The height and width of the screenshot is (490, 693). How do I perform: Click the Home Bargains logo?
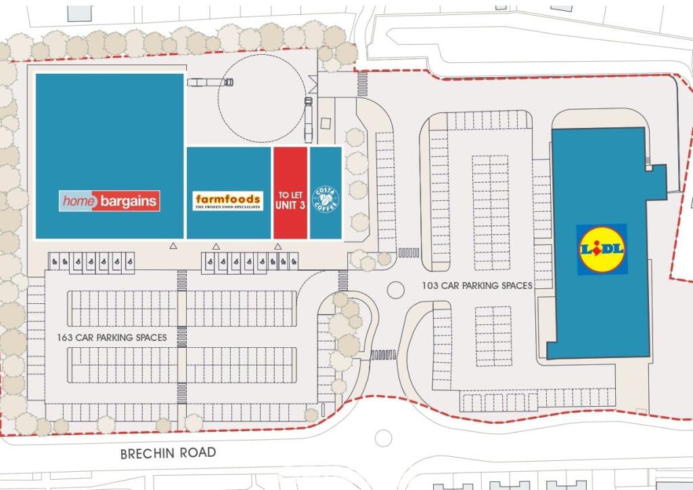tap(109, 200)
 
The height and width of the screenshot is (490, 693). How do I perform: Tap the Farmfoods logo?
tap(227, 200)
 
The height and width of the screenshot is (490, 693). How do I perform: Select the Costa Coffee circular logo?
tap(326, 200)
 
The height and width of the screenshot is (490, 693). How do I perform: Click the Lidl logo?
tap(602, 249)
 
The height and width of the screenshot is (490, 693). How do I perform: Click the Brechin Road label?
tap(168, 453)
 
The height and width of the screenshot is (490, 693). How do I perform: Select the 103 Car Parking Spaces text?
tap(477, 286)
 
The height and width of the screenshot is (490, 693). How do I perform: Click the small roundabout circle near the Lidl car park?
tap(395, 290)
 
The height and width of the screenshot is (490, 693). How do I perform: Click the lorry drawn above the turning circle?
tap(210, 83)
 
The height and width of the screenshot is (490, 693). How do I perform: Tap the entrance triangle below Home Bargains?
tap(173, 246)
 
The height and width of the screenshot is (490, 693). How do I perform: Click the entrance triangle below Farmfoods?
tap(216, 246)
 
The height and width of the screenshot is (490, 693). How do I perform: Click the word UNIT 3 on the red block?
tap(290, 205)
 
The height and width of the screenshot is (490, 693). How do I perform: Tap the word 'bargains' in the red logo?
tap(129, 201)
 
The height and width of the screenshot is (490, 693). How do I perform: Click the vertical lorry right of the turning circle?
tap(309, 120)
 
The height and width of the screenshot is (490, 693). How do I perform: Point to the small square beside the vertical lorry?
tap(326, 123)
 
